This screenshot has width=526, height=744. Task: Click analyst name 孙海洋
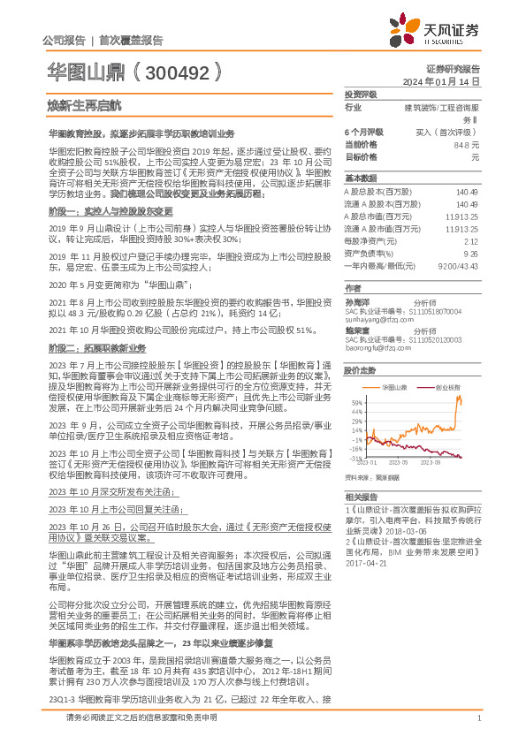[x=357, y=301]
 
